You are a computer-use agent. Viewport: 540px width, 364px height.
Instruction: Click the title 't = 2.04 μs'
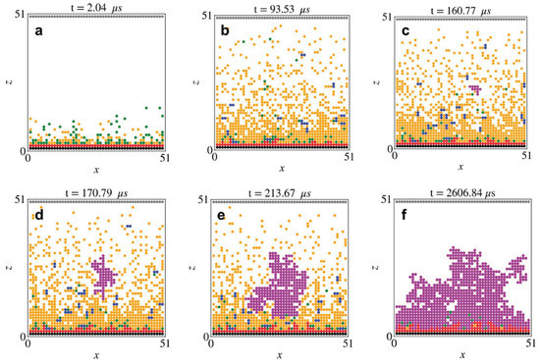(94, 7)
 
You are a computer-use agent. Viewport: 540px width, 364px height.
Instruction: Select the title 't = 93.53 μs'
(279, 7)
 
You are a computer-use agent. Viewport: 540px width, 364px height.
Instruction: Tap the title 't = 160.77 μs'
(462, 7)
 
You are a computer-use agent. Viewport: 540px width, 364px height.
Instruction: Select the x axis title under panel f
(462, 355)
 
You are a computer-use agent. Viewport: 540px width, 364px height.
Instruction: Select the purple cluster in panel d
(103, 274)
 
